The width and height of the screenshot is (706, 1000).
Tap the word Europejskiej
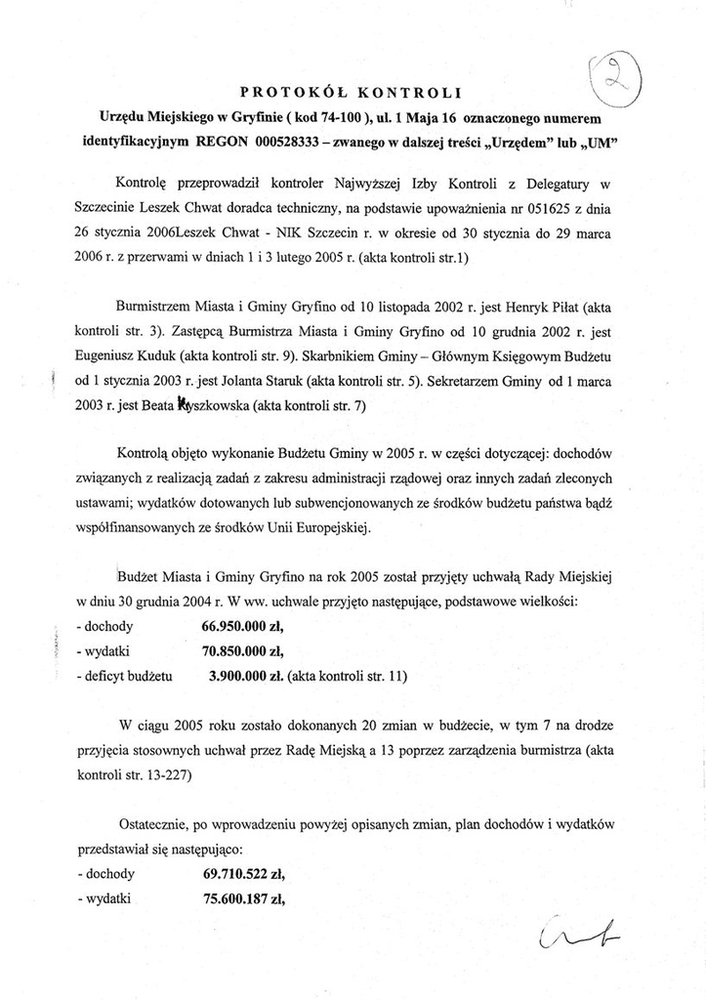coord(325,528)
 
